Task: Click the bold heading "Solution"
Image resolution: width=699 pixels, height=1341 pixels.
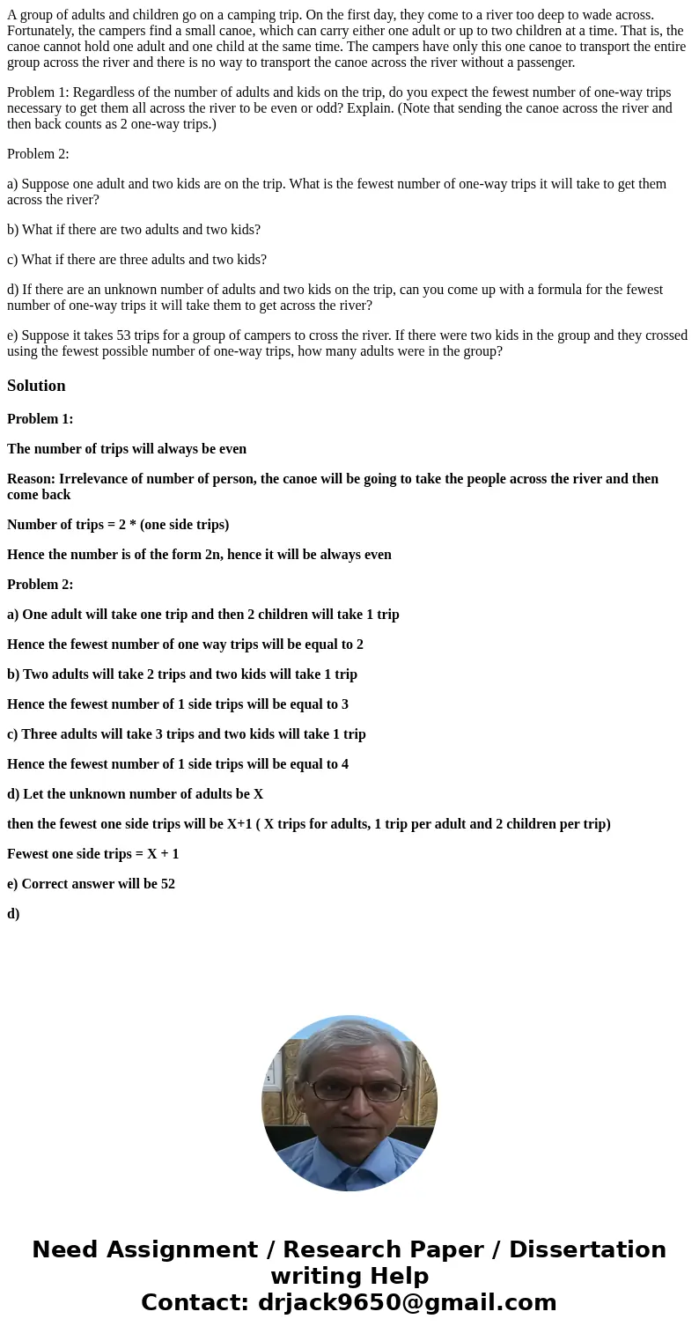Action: point(36,386)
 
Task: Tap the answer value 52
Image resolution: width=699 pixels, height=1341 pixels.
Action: point(167,884)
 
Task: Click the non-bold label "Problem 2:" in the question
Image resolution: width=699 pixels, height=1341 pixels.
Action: point(38,154)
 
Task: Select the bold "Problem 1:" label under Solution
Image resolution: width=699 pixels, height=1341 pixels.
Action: point(40,419)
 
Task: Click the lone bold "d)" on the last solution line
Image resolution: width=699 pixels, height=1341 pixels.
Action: point(13,914)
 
